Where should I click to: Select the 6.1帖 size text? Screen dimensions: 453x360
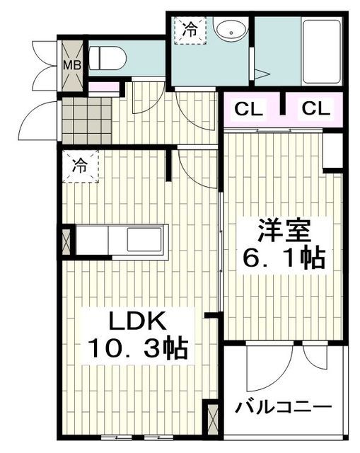tap(282, 259)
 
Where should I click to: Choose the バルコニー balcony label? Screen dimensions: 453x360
tap(284, 408)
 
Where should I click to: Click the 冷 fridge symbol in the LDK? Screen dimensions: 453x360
tap(80, 167)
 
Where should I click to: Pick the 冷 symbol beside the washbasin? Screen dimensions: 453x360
tap(190, 30)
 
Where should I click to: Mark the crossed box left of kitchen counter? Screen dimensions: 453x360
tap(68, 241)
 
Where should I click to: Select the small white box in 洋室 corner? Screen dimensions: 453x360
tap(332, 150)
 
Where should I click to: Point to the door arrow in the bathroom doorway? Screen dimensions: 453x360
tap(260, 74)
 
